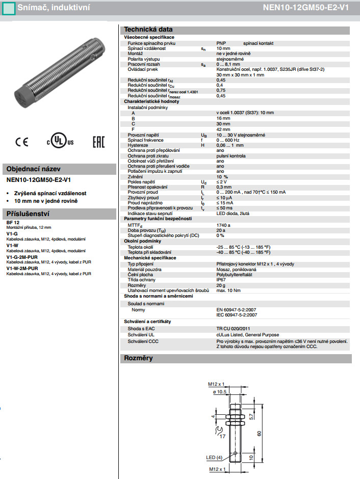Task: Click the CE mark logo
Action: pos(21,142)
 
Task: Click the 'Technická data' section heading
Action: pos(148,29)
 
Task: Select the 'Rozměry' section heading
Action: pos(139,358)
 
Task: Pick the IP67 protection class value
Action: pos(221,280)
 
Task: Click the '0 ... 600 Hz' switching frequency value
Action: pos(228,140)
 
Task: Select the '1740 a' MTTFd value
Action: pos(223,225)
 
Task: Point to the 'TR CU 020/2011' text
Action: pos(234,329)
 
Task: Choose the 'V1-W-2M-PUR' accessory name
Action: pos(22,268)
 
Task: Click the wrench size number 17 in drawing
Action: pos(222,436)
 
